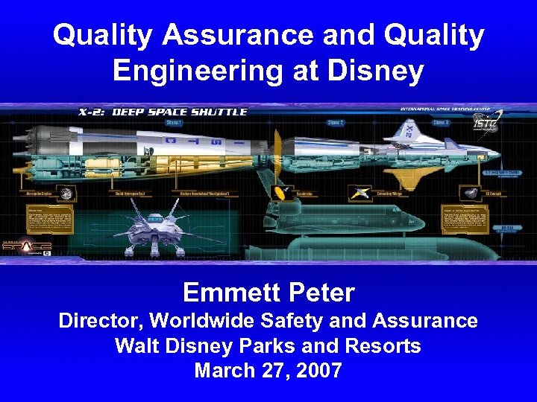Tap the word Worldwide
209,321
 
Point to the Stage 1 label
175,122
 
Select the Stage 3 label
441,122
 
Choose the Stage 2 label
335,122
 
